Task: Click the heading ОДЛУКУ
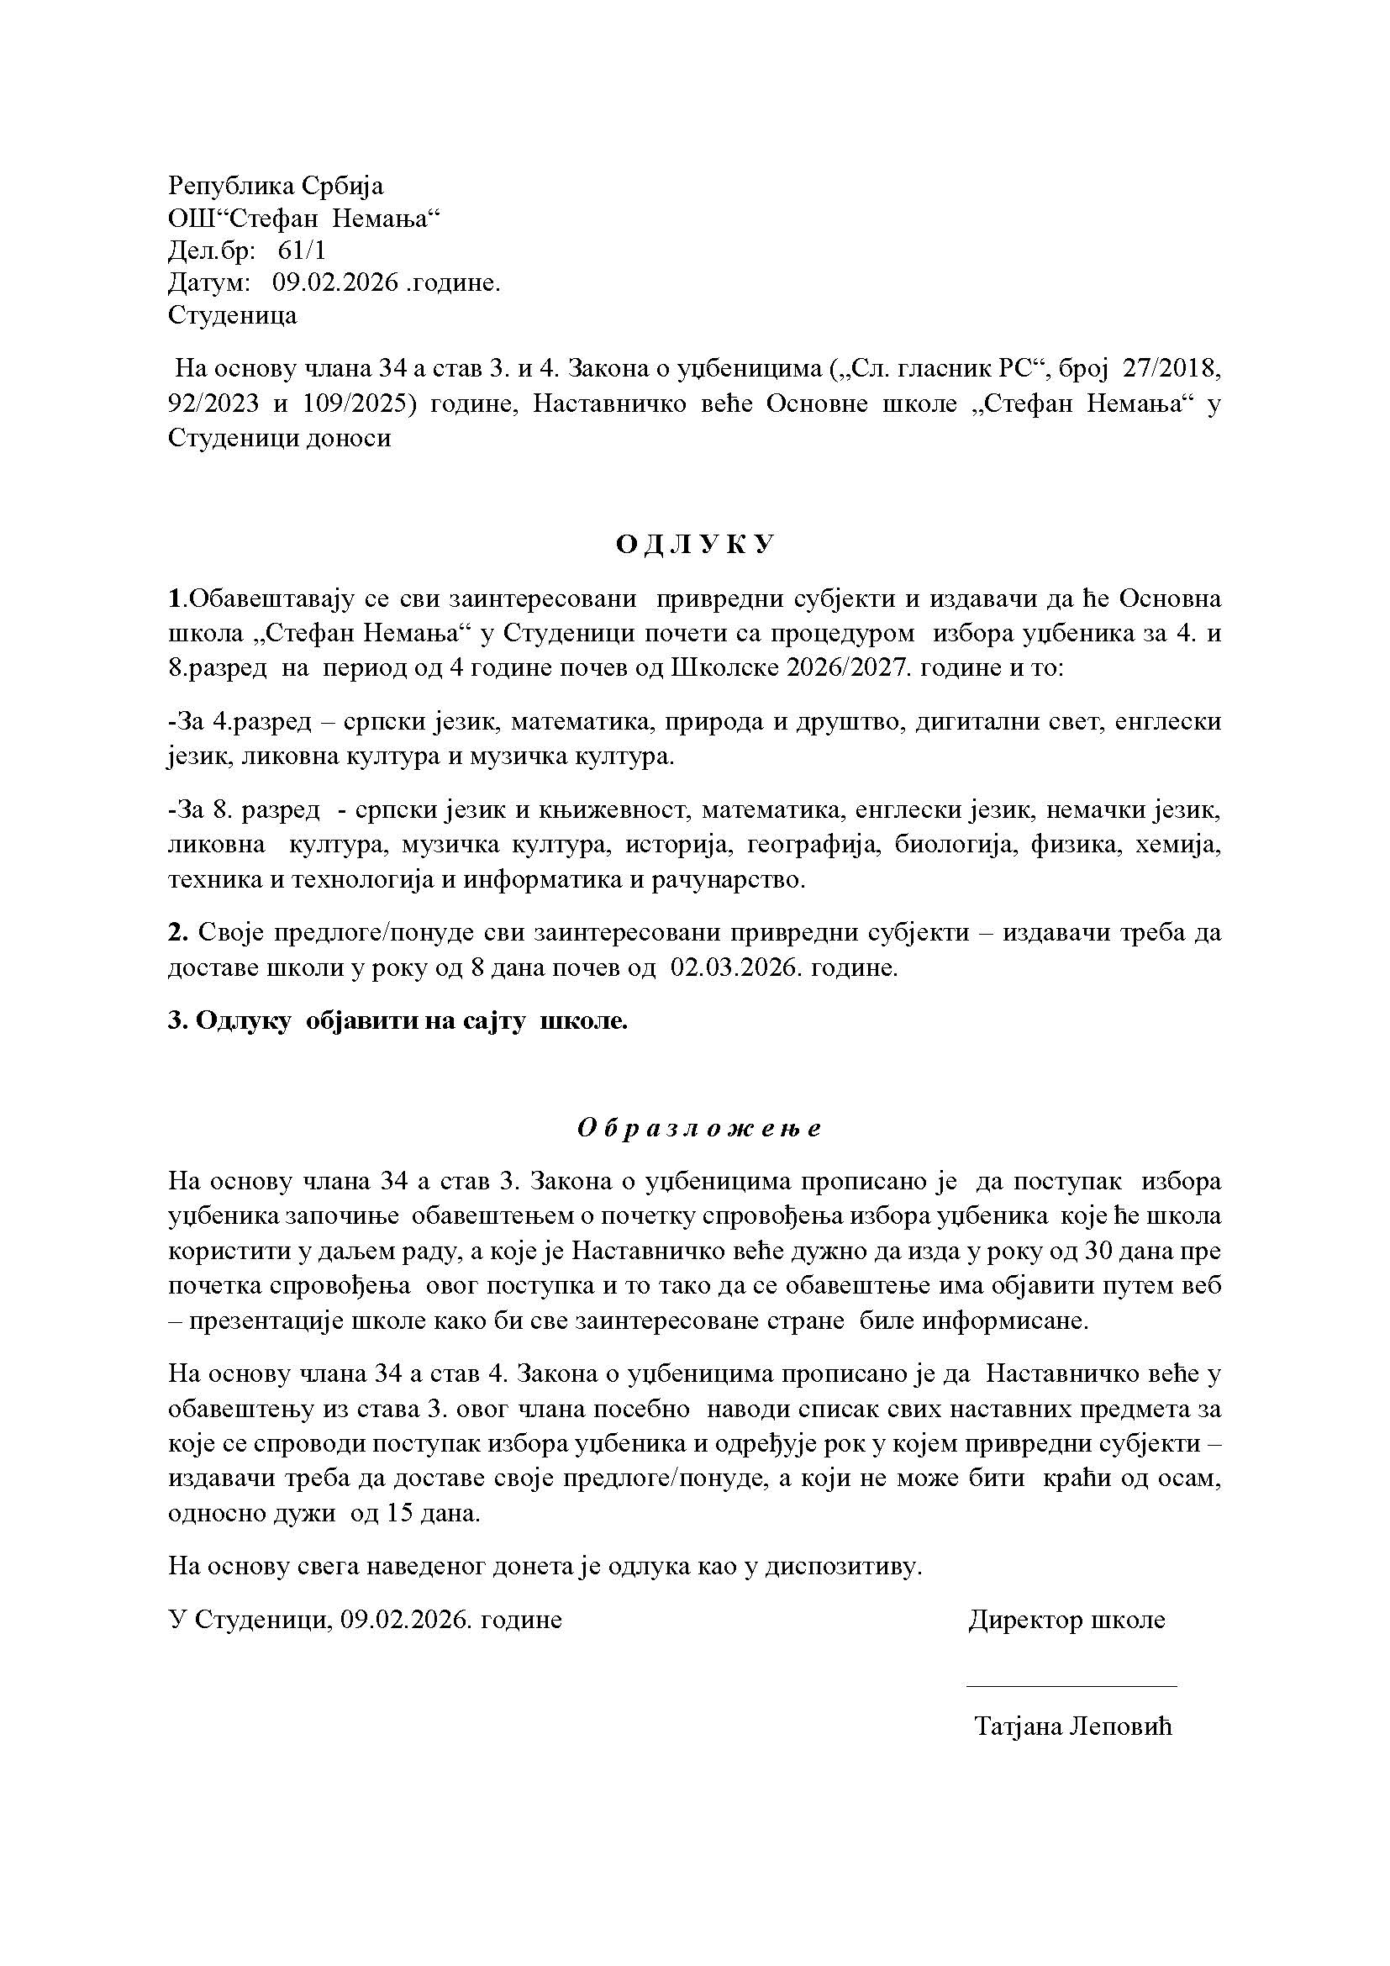pyautogui.click(x=695, y=545)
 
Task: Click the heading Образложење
pyautogui.click(x=698, y=1128)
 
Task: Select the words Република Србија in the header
pyautogui.click(x=276, y=185)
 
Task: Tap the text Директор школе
pyautogui.click(x=1066, y=1620)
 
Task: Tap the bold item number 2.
pyautogui.click(x=178, y=932)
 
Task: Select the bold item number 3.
pyautogui.click(x=178, y=1020)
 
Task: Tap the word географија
pyautogui.click(x=814, y=845)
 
